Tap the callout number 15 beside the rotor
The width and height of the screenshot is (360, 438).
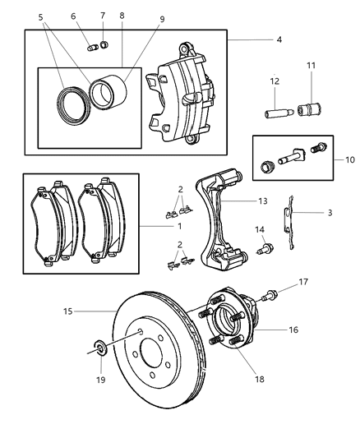[x=69, y=311]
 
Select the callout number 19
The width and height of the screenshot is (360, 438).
[x=100, y=380]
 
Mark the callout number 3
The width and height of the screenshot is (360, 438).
[x=330, y=213]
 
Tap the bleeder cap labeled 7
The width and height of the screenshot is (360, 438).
[x=103, y=44]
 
